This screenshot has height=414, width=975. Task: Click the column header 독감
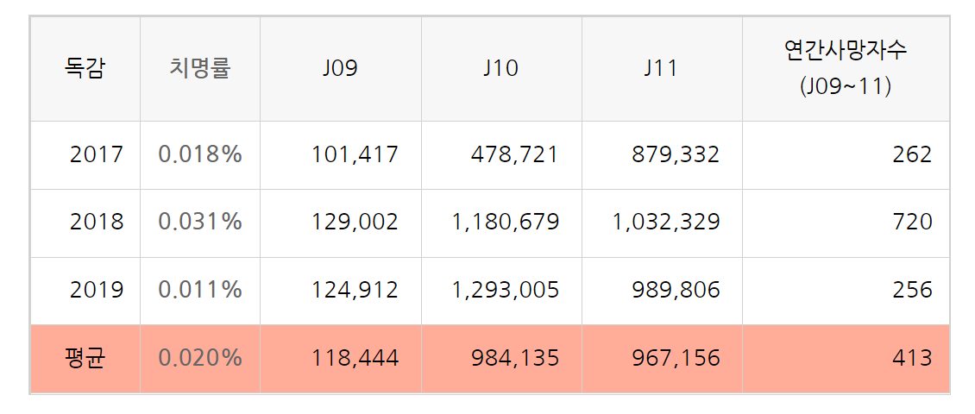[85, 68]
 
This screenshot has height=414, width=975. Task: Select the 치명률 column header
[200, 68]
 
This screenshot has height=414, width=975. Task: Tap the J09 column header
[340, 69]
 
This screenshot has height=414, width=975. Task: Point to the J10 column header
[500, 69]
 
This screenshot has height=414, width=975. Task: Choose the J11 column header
[661, 69]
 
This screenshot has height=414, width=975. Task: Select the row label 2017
[97, 154]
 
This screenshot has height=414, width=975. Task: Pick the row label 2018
[97, 222]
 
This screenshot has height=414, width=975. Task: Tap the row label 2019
[97, 290]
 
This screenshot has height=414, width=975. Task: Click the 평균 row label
[85, 358]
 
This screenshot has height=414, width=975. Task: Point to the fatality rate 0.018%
[200, 154]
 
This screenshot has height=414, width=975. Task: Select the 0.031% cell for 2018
[200, 222]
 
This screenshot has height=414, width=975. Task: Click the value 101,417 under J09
[355, 154]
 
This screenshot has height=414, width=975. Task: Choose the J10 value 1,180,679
[506, 222]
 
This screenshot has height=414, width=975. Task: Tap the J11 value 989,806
[676, 290]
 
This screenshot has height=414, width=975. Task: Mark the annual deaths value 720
[913, 222]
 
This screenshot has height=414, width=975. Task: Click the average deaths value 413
[913, 358]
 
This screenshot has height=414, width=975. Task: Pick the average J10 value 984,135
[515, 358]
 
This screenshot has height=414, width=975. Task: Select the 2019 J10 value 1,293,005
[506, 290]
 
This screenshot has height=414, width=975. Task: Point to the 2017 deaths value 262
[913, 154]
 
